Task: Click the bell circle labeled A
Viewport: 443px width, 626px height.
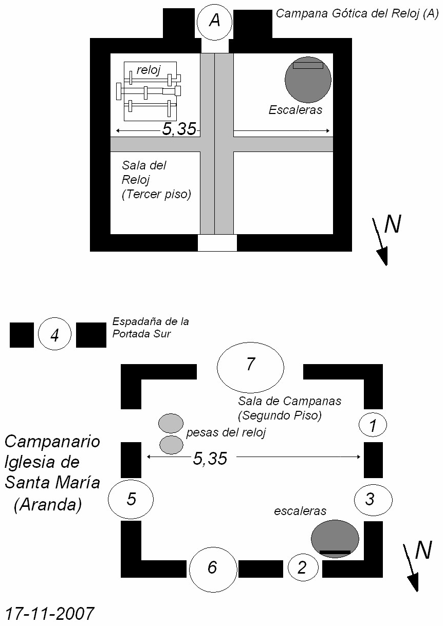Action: tap(214, 21)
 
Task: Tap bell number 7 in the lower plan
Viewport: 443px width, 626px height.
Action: tap(251, 367)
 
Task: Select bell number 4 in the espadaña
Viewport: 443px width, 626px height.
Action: tap(54, 334)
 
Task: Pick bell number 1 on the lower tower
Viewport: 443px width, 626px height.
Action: tap(373, 425)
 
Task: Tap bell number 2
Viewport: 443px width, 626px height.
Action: tap(303, 568)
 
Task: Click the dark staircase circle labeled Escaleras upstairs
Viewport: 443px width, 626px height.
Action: tap(308, 80)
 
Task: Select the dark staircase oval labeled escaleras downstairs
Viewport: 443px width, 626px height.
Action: tap(335, 539)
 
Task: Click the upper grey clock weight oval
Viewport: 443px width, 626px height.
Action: tap(171, 423)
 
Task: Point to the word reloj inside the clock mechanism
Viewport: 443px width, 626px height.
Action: tap(149, 70)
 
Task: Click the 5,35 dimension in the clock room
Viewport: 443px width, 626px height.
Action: tap(179, 129)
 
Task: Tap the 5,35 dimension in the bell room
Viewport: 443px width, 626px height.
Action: tap(210, 459)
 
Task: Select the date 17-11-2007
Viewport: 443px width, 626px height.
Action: tap(49, 613)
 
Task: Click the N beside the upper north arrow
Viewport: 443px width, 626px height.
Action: tap(393, 224)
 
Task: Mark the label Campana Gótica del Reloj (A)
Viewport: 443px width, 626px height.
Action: tap(357, 14)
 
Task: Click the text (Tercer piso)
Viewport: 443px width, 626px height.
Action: tap(156, 194)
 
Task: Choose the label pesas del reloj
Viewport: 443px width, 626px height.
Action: tap(226, 432)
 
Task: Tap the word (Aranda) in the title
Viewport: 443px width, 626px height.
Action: tap(48, 504)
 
